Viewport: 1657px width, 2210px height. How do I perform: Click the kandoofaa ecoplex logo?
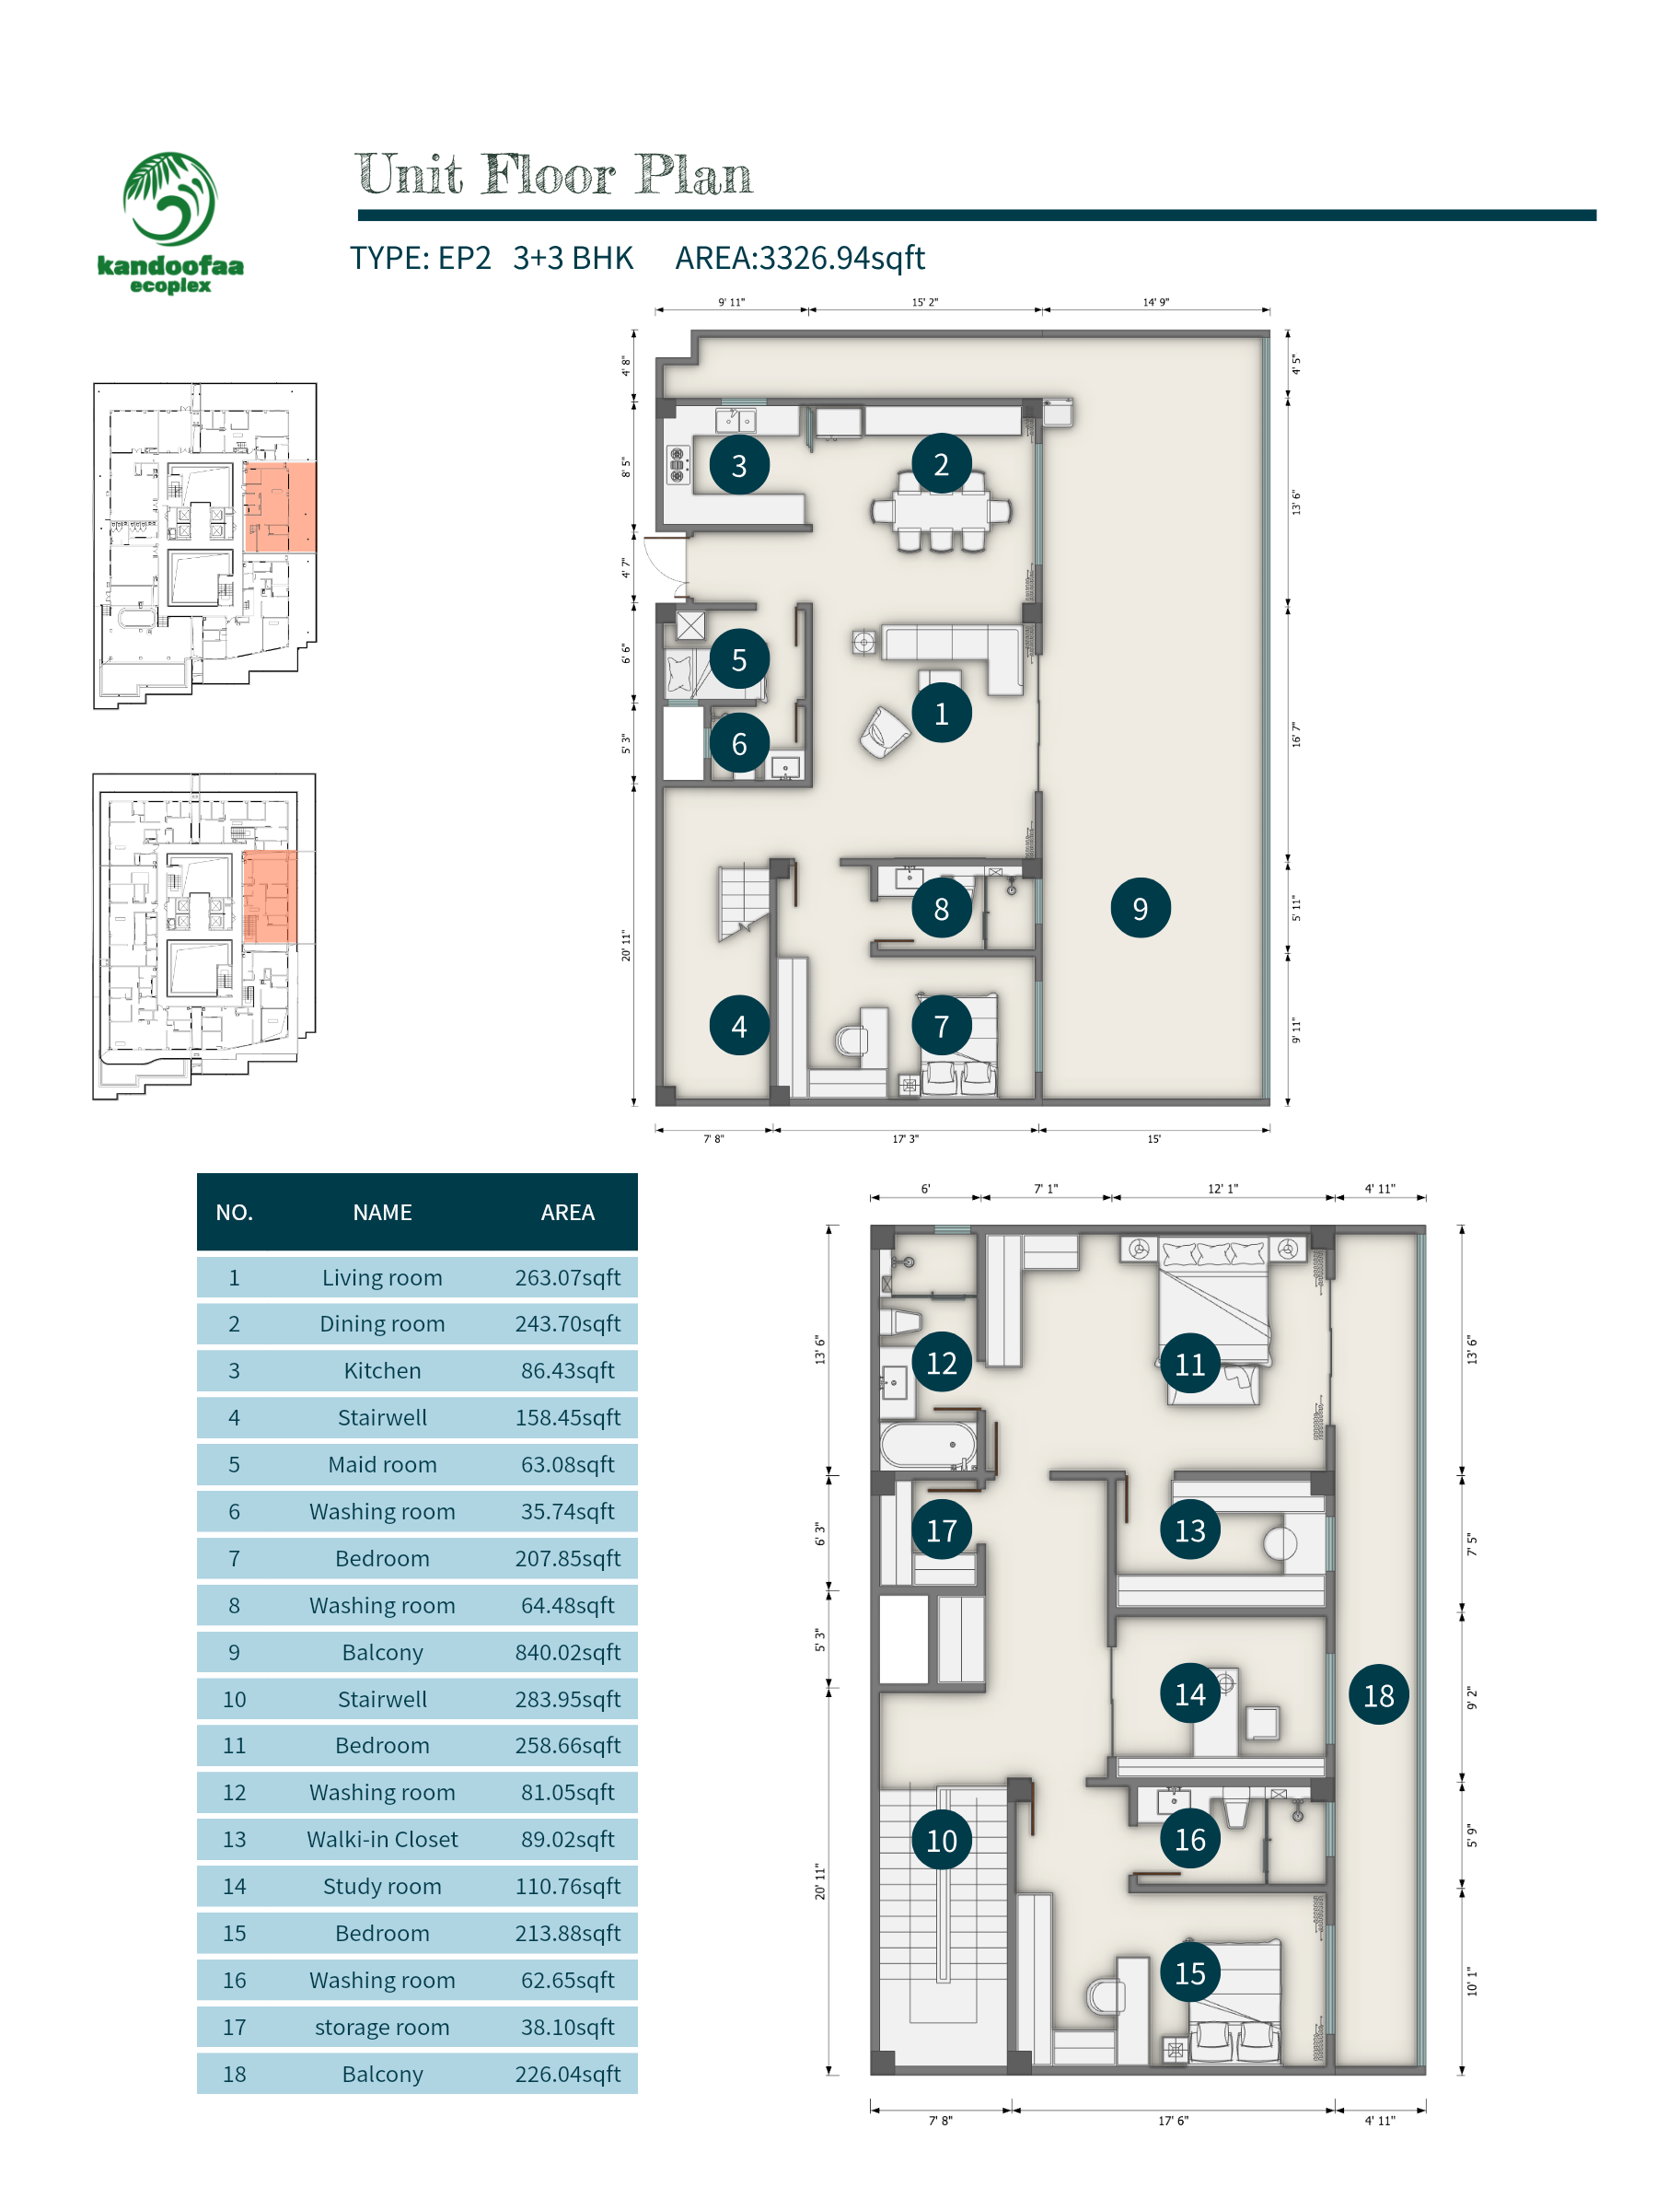coord(169,222)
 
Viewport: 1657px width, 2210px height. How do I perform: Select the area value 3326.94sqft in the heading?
coord(841,258)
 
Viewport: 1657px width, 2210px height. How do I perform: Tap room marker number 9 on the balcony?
coord(1140,907)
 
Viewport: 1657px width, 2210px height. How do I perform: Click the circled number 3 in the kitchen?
coord(739,465)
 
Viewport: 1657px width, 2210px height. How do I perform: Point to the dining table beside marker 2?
coord(941,512)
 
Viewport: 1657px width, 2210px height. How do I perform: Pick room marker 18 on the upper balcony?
coord(1378,1694)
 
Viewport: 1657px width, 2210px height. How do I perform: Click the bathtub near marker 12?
coord(928,1445)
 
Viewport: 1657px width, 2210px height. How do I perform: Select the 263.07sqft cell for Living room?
coord(567,1277)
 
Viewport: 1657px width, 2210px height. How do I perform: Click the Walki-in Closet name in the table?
coord(383,1838)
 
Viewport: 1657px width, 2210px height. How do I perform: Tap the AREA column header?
coord(567,1212)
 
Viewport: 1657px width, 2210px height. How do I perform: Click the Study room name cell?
coord(383,1885)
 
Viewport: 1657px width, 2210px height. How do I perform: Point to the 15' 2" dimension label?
coord(925,302)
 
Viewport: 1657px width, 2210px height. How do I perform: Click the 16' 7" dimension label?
coord(1295,734)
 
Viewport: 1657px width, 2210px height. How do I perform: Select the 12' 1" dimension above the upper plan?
coord(1222,1188)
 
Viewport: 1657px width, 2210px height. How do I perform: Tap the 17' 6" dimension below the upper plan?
coord(1173,2120)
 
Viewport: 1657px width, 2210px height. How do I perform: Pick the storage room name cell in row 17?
coord(383,2026)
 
